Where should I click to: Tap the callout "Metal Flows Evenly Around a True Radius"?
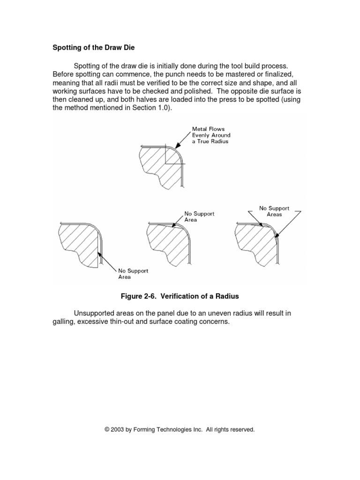211,135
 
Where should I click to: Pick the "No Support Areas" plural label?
274,211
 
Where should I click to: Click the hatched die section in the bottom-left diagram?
77,244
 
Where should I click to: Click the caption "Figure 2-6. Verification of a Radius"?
180,296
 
